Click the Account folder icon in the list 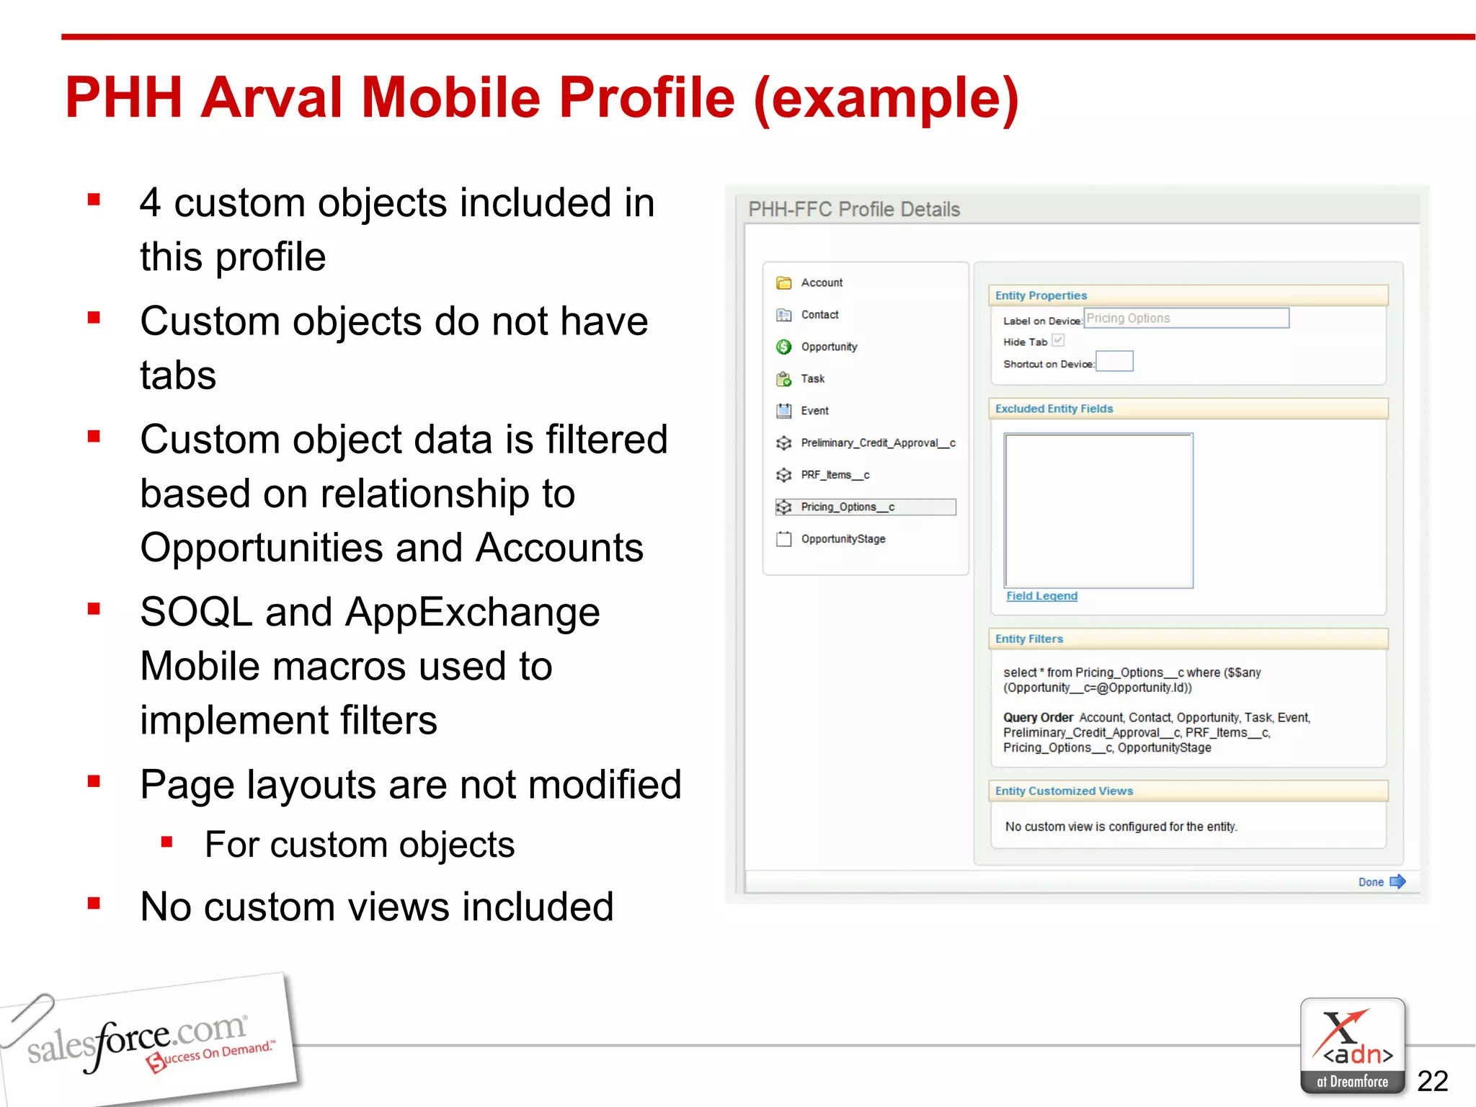click(x=783, y=283)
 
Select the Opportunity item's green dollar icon click(x=783, y=347)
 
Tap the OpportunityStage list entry click(x=843, y=539)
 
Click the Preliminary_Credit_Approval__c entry click(x=878, y=443)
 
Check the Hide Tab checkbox click(x=1058, y=341)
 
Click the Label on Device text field click(x=1186, y=319)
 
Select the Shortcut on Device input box click(x=1114, y=362)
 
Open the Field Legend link click(x=1041, y=596)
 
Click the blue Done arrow click(x=1397, y=881)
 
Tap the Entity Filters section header click(x=1029, y=639)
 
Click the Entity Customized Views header click(x=1064, y=791)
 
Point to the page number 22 click(x=1432, y=1081)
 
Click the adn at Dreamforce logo click(x=1352, y=1045)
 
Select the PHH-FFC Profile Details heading click(x=854, y=209)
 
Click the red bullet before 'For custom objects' click(x=167, y=842)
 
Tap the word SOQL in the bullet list click(x=196, y=613)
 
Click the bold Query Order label click(x=1038, y=718)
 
